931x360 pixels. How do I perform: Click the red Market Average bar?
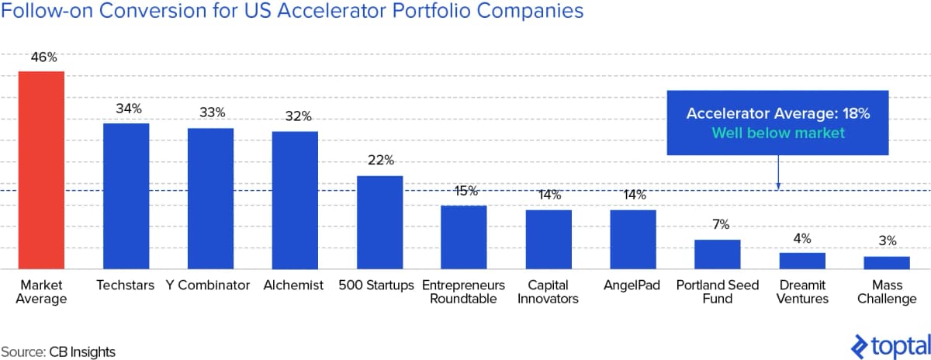point(41,170)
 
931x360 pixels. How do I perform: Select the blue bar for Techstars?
point(126,196)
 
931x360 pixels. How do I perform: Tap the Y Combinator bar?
point(210,198)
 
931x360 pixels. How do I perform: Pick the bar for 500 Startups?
point(379,222)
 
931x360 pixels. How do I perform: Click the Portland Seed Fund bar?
point(717,254)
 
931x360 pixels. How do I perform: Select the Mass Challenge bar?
point(886,262)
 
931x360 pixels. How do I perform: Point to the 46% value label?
point(42,57)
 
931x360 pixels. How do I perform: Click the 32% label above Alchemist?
point(295,116)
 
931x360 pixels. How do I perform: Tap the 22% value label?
point(379,161)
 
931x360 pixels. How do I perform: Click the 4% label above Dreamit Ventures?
point(802,238)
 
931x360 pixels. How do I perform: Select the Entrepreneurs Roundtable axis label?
point(463,292)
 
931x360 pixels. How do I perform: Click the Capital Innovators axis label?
point(548,292)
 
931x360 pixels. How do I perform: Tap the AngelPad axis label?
point(632,286)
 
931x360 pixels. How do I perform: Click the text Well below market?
point(778,133)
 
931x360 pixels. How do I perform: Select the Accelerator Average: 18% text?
point(778,114)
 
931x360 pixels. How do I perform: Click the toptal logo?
point(891,344)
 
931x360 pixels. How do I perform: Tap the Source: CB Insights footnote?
point(58,351)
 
